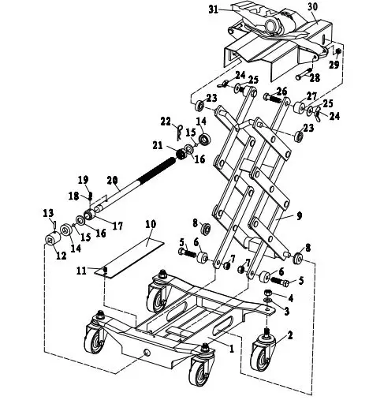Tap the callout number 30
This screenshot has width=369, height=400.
pyautogui.click(x=312, y=6)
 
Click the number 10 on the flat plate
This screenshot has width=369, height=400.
pyautogui.click(x=151, y=225)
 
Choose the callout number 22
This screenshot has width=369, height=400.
pyautogui.click(x=166, y=121)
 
